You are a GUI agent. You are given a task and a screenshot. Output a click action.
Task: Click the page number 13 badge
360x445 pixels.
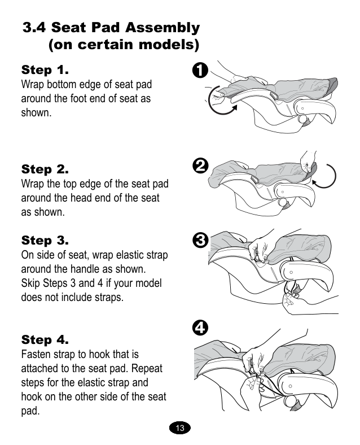[x=179, y=427]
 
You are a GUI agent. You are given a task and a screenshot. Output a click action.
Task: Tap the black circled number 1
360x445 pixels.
[x=200, y=71]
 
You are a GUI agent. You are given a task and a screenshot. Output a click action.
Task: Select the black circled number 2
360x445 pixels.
[x=200, y=166]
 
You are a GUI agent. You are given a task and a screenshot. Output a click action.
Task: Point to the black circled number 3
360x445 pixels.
[x=200, y=240]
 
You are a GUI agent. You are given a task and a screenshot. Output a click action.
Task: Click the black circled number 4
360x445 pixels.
[x=200, y=328]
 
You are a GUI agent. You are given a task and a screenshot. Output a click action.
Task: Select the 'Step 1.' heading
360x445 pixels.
[x=45, y=70]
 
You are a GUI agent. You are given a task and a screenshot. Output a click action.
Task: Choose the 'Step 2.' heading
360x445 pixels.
[x=45, y=169]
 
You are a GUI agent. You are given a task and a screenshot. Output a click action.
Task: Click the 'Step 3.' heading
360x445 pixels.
[x=45, y=241]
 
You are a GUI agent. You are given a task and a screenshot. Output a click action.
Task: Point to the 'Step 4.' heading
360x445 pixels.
[x=45, y=340]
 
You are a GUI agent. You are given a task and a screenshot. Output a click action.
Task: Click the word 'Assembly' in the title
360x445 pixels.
[x=163, y=28]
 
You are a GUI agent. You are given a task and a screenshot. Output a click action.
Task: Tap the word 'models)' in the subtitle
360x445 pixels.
[x=169, y=45]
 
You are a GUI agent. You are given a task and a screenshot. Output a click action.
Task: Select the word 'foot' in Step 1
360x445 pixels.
[x=80, y=98]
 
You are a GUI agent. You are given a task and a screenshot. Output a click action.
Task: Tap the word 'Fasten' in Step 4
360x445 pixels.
[x=36, y=354]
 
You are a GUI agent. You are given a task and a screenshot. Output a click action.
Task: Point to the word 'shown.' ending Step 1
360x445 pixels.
[x=36, y=113]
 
